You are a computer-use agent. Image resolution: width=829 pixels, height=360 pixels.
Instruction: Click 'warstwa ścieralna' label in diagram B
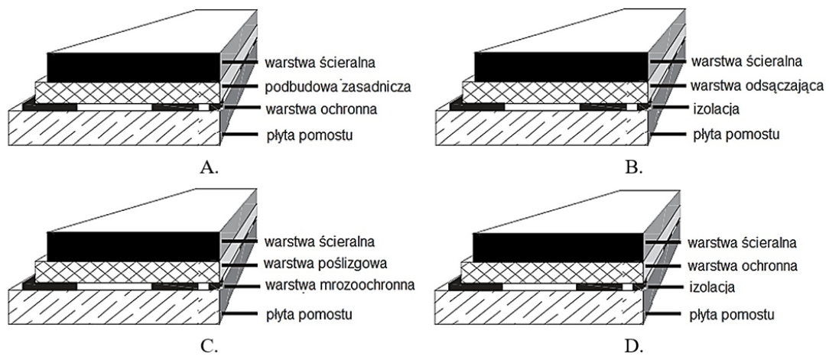735,61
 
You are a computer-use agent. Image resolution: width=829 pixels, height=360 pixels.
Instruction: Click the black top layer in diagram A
134,66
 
